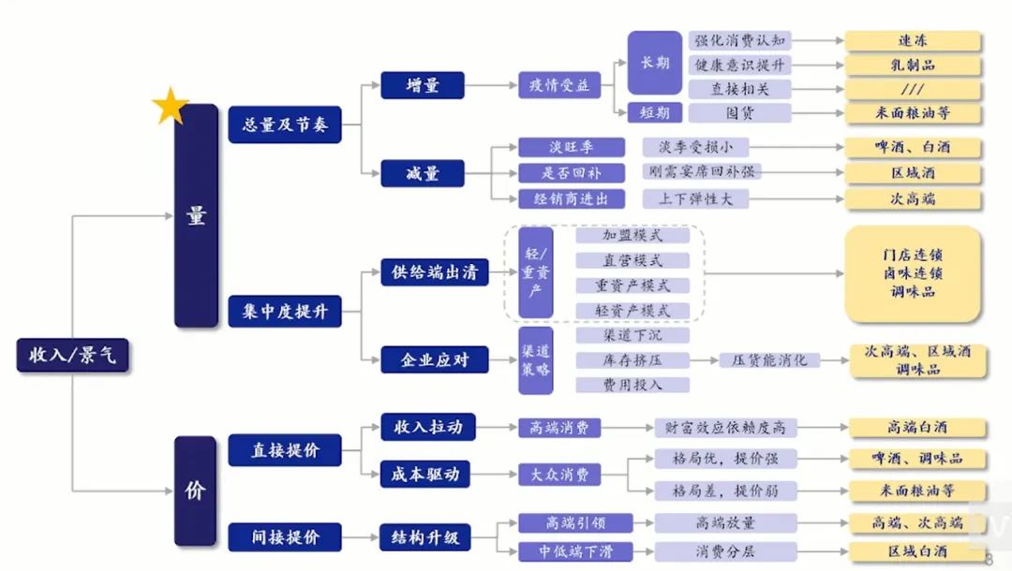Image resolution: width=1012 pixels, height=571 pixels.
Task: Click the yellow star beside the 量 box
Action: tap(171, 106)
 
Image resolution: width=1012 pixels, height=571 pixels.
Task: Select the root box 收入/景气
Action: tap(72, 357)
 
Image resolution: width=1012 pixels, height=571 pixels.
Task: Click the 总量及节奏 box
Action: tap(285, 124)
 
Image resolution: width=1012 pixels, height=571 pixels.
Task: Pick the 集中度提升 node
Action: tap(285, 312)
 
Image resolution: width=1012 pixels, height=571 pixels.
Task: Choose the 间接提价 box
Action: tap(285, 537)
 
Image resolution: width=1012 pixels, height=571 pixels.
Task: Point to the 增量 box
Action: tap(423, 85)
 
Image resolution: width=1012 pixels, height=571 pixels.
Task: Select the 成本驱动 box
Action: tap(424, 474)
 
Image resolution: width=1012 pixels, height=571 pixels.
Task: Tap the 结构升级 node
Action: tap(424, 537)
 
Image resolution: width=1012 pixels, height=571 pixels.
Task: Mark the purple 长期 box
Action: tap(655, 63)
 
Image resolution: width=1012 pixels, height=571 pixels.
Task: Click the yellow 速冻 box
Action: tap(913, 41)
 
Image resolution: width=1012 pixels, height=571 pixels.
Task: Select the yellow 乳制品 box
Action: tap(913, 66)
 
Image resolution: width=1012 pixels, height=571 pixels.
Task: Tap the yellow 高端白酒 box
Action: tap(917, 427)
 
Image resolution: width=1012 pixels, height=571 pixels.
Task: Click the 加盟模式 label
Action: tap(632, 236)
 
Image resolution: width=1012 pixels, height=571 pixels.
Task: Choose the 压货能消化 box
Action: tap(769, 360)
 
